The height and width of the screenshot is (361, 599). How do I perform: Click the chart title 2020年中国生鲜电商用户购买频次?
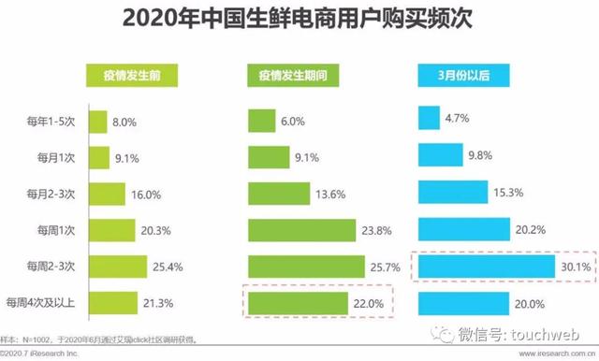[299, 20]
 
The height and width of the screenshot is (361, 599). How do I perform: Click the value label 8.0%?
[125, 121]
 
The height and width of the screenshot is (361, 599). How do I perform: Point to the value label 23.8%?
[377, 230]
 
